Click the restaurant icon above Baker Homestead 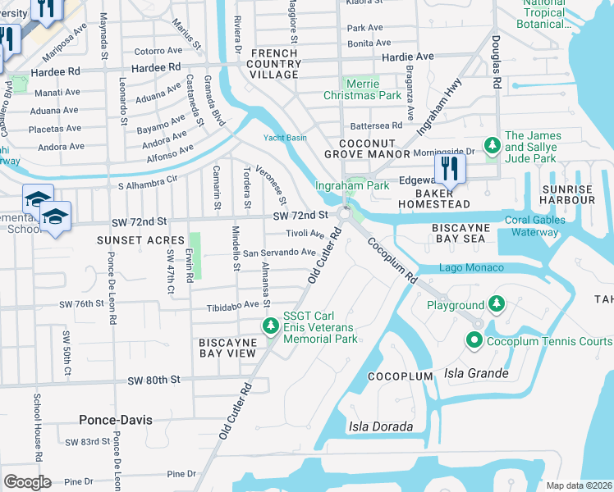click(x=450, y=169)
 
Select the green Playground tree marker click(x=496, y=305)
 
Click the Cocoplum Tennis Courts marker click(x=474, y=340)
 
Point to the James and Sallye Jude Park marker click(x=492, y=147)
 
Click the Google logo click(x=27, y=481)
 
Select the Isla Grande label click(x=474, y=373)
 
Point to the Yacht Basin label click(x=285, y=138)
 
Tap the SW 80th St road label click(x=153, y=380)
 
